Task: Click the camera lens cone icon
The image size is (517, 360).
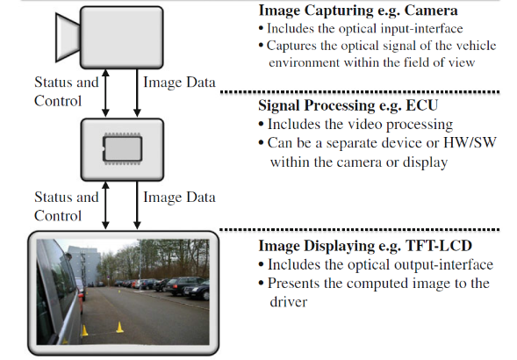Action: (x=68, y=37)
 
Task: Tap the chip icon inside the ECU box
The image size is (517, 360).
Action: (x=122, y=149)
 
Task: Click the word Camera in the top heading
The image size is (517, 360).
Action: (x=431, y=11)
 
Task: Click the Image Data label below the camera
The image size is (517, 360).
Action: (x=179, y=83)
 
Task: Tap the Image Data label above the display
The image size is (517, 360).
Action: (x=179, y=197)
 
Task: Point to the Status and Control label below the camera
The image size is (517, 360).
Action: (x=67, y=91)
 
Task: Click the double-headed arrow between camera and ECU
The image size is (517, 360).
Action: (x=105, y=93)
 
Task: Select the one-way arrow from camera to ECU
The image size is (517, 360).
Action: (x=137, y=93)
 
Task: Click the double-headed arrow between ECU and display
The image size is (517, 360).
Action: (x=105, y=205)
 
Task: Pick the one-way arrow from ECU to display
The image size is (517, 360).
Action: (x=137, y=205)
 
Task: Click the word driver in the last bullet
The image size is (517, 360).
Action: (x=289, y=302)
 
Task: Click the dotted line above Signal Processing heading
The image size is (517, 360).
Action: (x=360, y=92)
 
